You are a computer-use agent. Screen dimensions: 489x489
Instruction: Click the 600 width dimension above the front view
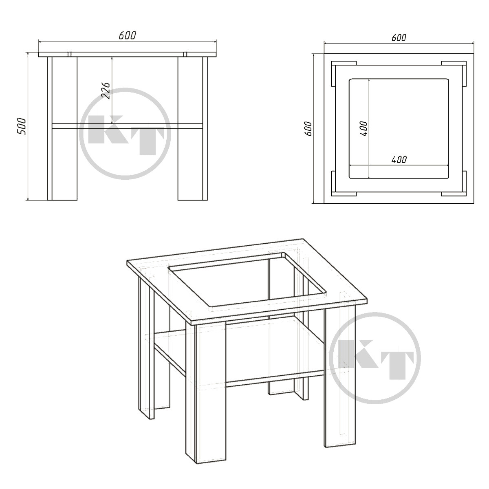pyautogui.click(x=128, y=35)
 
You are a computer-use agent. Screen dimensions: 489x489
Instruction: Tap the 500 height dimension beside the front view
pyautogui.click(x=22, y=126)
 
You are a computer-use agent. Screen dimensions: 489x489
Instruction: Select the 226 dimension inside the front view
pyautogui.click(x=106, y=90)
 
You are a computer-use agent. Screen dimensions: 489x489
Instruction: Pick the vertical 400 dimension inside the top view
pyautogui.click(x=363, y=129)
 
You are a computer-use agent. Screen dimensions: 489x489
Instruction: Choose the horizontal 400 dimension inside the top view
pyautogui.click(x=399, y=159)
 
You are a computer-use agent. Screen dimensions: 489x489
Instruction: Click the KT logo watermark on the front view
pyautogui.click(x=126, y=134)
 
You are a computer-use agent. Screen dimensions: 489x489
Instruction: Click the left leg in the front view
pyautogui.click(x=62, y=129)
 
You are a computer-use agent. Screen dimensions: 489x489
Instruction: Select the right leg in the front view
pyautogui.click(x=193, y=129)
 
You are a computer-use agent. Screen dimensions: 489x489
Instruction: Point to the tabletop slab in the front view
pyautogui.click(x=128, y=55)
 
